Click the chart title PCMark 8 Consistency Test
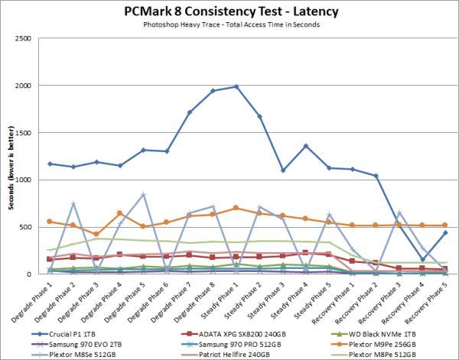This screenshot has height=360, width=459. tap(229, 11)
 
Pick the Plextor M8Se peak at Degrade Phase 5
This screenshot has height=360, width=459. tap(143, 194)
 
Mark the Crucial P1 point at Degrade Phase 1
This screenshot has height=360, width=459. tap(50, 164)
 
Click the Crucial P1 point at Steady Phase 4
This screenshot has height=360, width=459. tap(306, 146)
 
